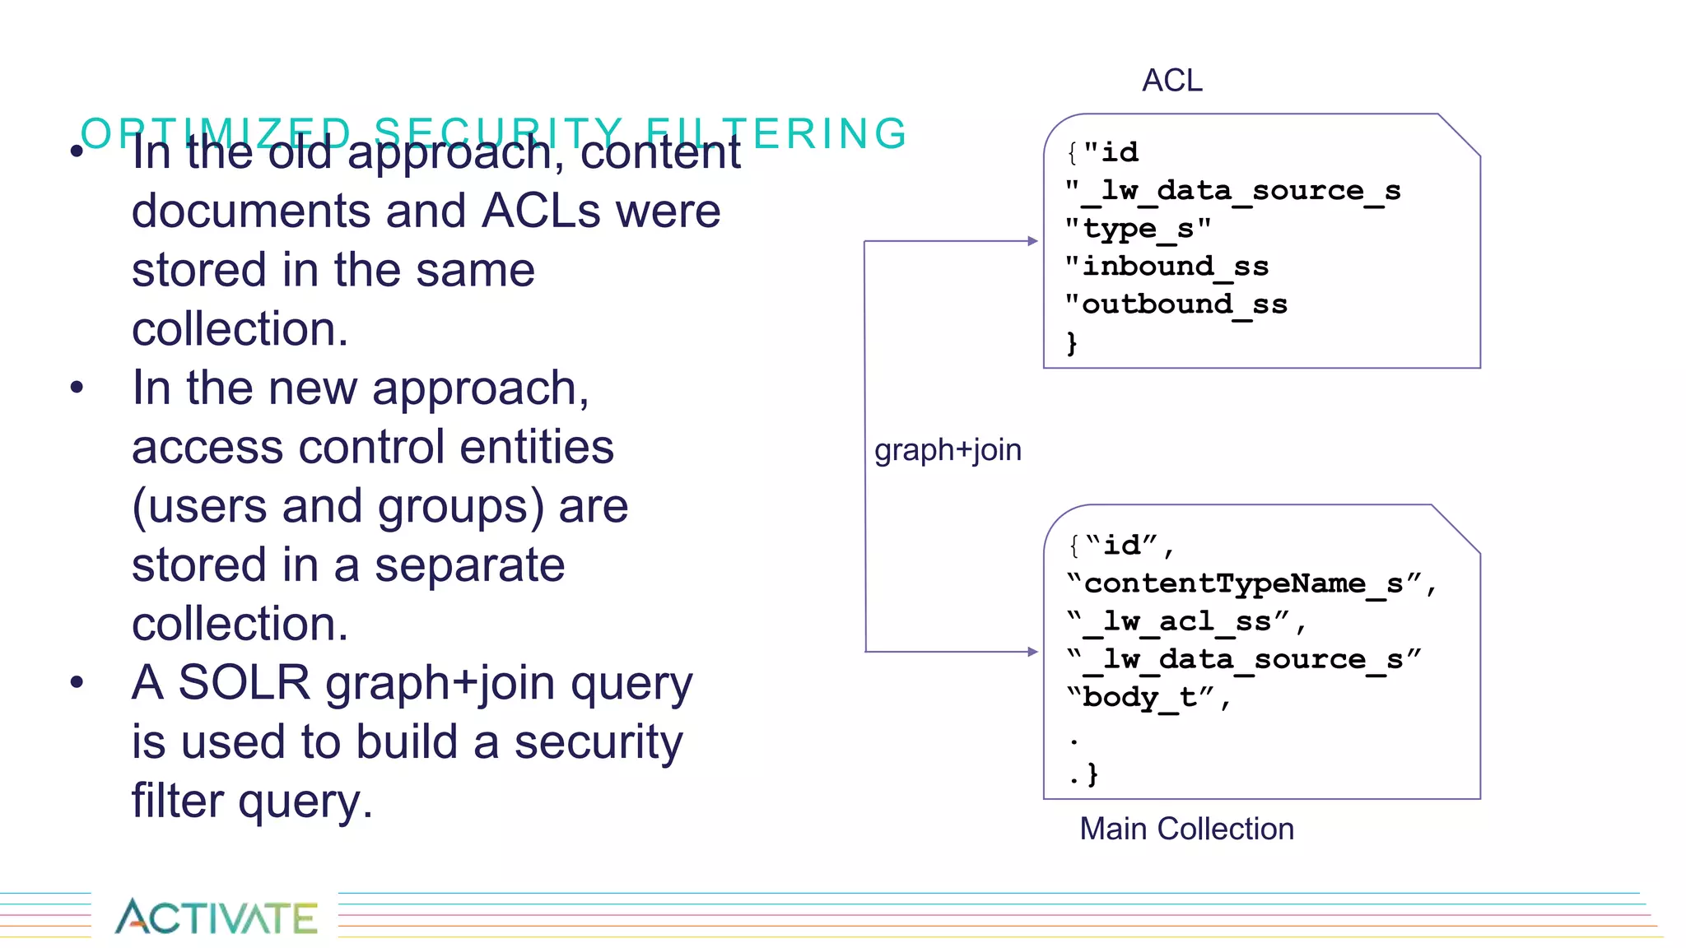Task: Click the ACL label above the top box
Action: [x=1171, y=81]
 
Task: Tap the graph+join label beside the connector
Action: [x=948, y=450]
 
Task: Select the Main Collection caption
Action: [x=1186, y=829]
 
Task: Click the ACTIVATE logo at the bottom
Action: [x=216, y=917]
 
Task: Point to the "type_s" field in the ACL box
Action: [x=1138, y=229]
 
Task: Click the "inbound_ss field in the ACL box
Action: [x=1167, y=267]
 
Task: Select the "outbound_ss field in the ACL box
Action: [x=1176, y=304]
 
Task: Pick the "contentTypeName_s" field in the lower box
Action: [x=1251, y=584]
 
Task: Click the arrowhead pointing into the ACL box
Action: [x=1033, y=241]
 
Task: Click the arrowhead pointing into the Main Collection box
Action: [x=1033, y=652]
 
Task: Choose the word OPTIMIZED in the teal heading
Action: [x=217, y=133]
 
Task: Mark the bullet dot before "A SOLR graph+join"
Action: [x=77, y=682]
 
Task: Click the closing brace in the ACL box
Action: [x=1072, y=342]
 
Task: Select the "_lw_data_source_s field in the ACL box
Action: [x=1233, y=191]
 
